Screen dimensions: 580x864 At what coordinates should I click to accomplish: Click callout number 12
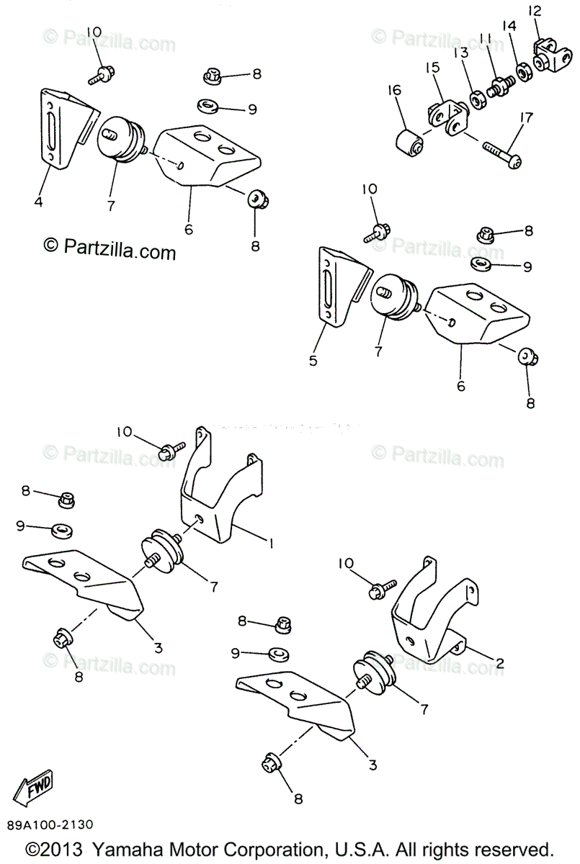point(534,11)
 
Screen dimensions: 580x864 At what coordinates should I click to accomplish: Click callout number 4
point(37,202)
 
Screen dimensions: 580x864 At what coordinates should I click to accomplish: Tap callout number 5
point(313,361)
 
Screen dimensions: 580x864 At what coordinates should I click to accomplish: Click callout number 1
point(272,544)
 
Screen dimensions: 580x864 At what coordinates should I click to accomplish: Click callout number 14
point(509,27)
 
